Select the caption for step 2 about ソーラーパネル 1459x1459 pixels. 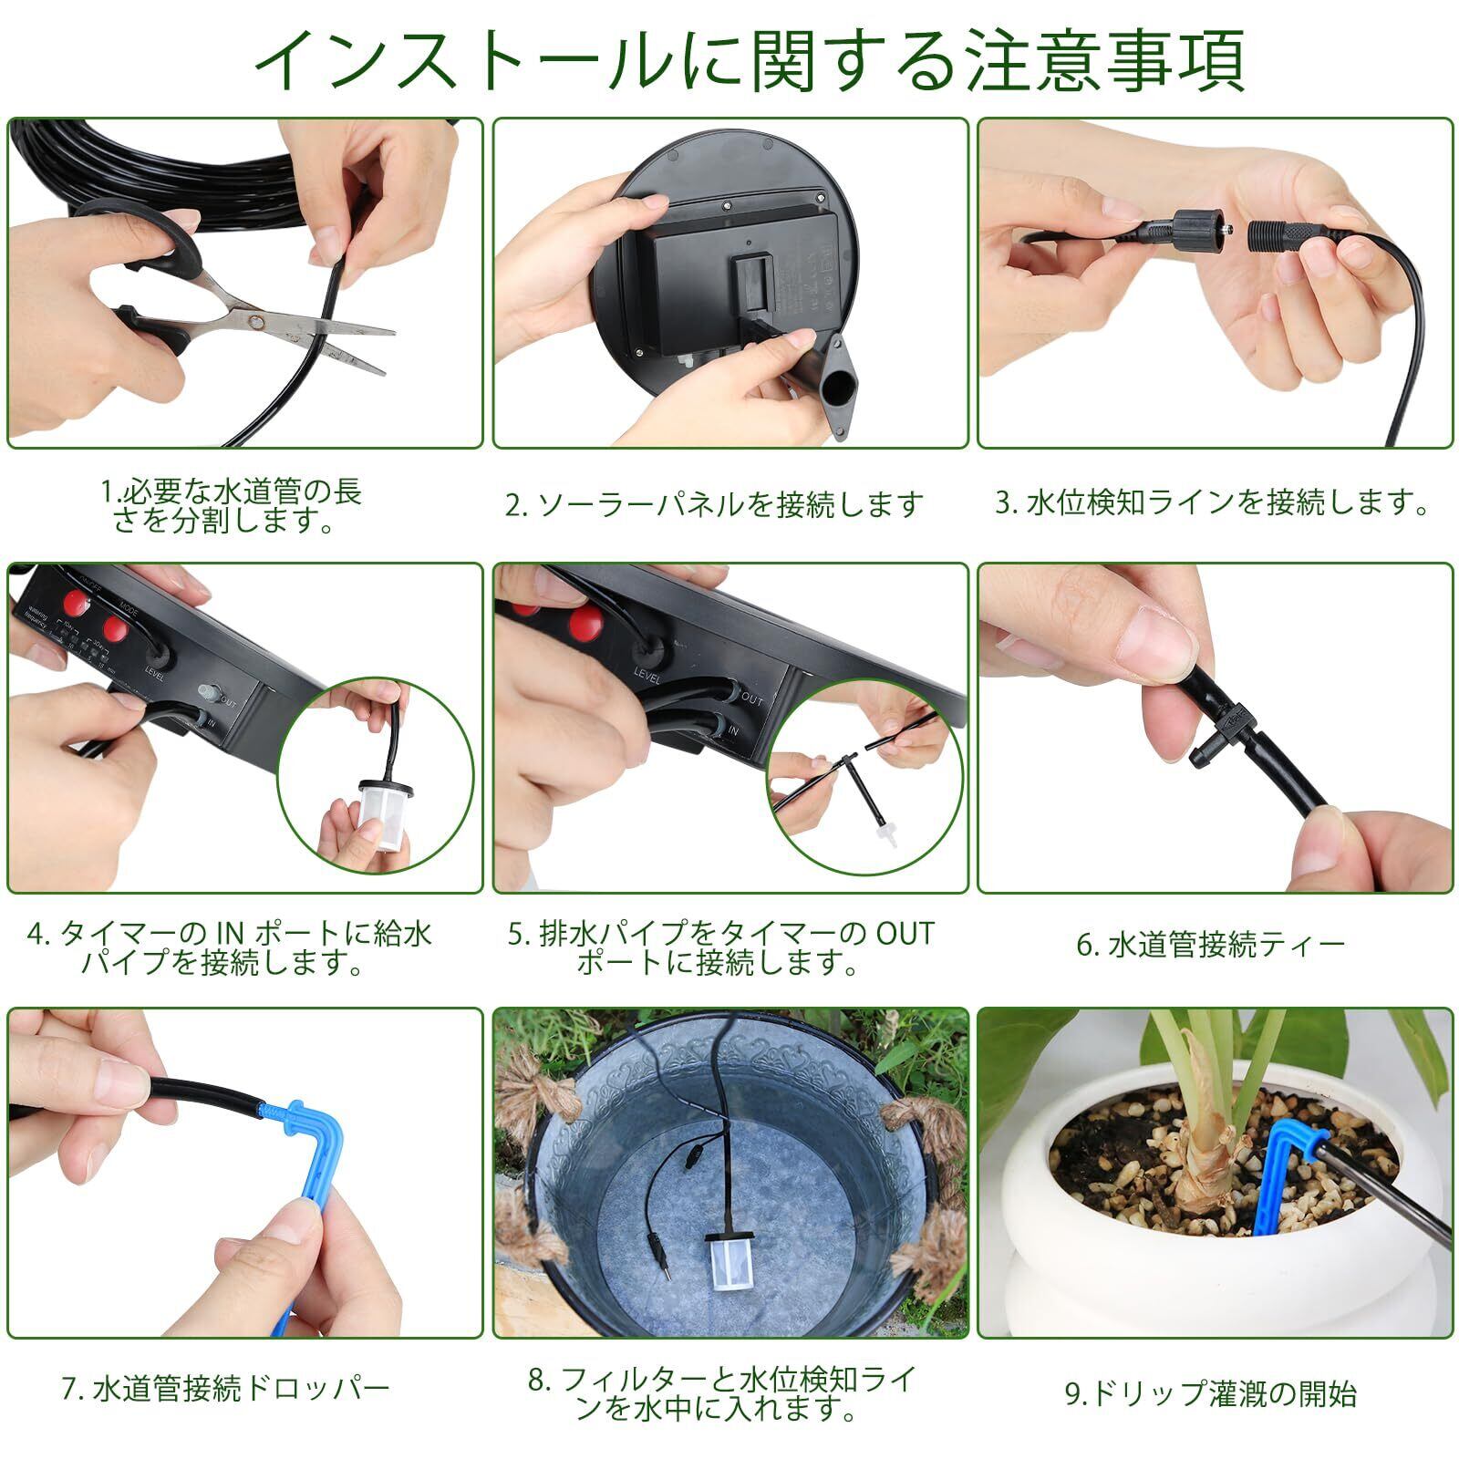[x=714, y=504]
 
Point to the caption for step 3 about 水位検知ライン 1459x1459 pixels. [x=1212, y=502]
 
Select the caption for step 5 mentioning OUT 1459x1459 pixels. [x=720, y=947]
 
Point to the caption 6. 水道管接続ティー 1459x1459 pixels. [x=1210, y=945]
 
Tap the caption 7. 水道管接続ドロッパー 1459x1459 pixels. [x=226, y=1389]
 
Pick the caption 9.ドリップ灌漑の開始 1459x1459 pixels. [x=1211, y=1394]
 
